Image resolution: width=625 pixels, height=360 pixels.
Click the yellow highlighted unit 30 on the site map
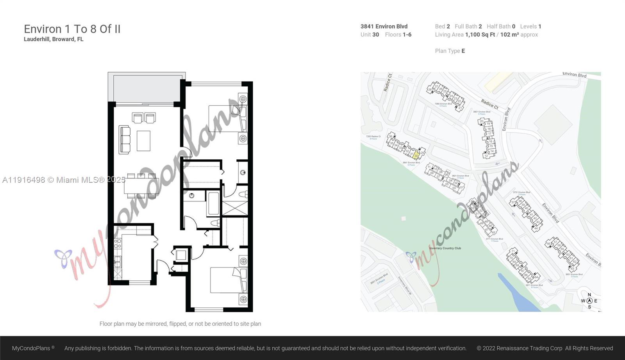click(x=416, y=155)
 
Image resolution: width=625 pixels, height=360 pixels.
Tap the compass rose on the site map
click(x=589, y=301)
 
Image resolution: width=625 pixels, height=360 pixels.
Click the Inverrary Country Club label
click(x=445, y=248)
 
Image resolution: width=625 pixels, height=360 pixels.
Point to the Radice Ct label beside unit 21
click(x=489, y=104)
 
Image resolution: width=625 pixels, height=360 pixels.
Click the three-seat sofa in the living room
click(x=124, y=139)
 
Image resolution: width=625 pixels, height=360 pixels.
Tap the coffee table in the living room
click(x=143, y=141)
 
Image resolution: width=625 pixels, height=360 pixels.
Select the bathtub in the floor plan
click(x=213, y=203)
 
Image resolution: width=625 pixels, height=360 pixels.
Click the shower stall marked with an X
click(x=235, y=207)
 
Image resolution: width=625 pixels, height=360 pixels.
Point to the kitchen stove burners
click(x=118, y=244)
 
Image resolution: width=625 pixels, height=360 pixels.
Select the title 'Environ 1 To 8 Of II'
click(x=72, y=29)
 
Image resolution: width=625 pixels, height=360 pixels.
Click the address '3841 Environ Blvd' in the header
click(x=384, y=27)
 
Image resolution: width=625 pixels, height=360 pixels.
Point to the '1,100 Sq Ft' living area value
click(x=480, y=35)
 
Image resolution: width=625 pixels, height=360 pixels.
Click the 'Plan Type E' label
click(x=450, y=51)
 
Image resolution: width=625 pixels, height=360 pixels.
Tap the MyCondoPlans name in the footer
click(x=31, y=348)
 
